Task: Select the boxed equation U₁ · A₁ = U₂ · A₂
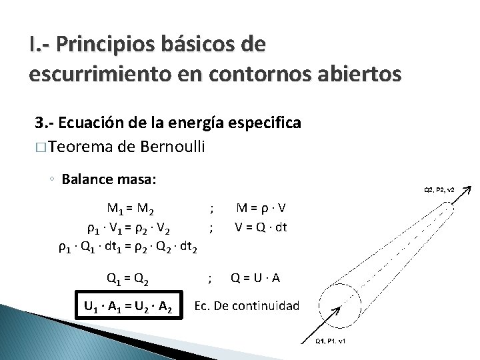(129, 307)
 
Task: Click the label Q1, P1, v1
(333, 342)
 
